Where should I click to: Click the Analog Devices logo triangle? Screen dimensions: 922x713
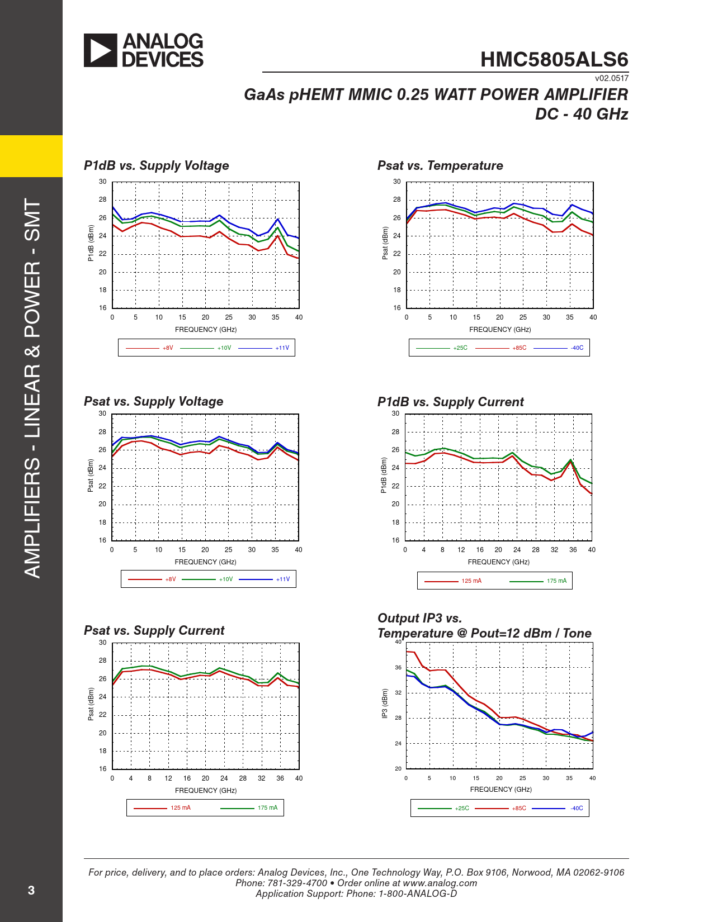(100, 50)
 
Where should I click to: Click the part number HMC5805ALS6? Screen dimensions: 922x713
(554, 60)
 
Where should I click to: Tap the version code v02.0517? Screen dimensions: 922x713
(611, 78)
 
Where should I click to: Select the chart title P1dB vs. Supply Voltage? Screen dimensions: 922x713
(156, 165)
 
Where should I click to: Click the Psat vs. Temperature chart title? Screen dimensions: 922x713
(440, 165)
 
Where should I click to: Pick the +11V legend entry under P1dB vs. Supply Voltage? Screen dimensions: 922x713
(282, 348)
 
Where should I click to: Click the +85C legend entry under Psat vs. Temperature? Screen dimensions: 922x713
(519, 348)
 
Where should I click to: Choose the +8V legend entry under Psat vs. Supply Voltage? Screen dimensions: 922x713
(170, 579)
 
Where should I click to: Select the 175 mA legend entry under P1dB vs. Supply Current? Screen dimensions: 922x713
(556, 581)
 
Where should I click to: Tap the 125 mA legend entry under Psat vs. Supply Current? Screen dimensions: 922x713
(180, 808)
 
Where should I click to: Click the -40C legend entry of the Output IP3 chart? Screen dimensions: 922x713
(577, 809)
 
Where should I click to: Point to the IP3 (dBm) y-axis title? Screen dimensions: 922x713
(384, 704)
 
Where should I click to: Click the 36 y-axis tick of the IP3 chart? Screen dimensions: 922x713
(398, 668)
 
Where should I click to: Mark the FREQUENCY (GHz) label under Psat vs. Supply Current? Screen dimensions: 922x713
(205, 791)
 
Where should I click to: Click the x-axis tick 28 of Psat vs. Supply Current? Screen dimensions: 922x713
(243, 778)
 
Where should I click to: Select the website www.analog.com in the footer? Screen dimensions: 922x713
(440, 883)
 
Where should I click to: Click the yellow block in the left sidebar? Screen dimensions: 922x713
(31, 156)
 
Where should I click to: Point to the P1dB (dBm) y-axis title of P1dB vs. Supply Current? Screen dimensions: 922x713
(384, 476)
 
